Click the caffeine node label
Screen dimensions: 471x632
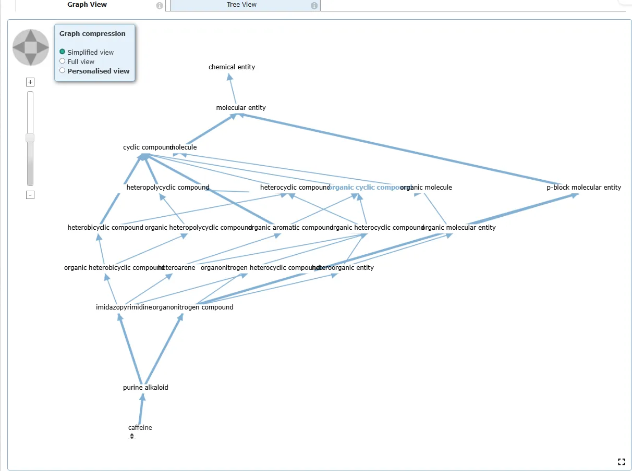(140, 428)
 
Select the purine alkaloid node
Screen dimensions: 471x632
(145, 388)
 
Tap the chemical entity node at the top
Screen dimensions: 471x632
(232, 67)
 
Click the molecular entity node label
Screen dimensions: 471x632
(241, 108)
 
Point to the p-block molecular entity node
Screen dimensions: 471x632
(584, 188)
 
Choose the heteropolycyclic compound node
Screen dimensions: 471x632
(168, 188)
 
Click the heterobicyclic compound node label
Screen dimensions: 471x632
(105, 228)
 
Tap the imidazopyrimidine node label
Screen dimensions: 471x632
(123, 307)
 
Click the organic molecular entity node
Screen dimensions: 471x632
(459, 228)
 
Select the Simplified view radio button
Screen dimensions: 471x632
(63, 52)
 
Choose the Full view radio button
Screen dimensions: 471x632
(63, 61)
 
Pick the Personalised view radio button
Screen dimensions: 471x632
(63, 71)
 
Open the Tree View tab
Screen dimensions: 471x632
(241, 5)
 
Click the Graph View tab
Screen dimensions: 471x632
(87, 5)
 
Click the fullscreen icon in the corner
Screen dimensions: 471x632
(621, 462)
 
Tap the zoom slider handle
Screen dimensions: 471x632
(30, 138)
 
